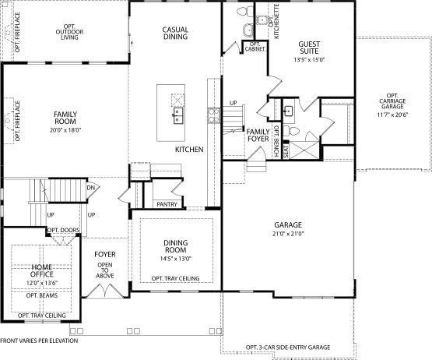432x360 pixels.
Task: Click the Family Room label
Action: (65, 118)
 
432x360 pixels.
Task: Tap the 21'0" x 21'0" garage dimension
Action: (288, 234)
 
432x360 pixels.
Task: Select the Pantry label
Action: (167, 204)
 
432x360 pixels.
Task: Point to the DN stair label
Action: (90, 188)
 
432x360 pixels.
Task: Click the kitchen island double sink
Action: (178, 115)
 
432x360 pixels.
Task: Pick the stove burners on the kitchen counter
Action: (214, 115)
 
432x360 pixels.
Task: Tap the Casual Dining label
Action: (175, 33)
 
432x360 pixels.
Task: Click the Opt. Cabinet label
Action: (255, 47)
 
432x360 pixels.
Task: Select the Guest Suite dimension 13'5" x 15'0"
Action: (309, 60)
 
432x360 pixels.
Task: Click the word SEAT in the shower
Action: (286, 151)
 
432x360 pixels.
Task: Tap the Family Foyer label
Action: (258, 135)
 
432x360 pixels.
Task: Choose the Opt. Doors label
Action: (64, 230)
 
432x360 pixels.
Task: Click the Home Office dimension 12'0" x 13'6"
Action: (42, 283)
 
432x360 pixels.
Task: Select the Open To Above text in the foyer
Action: (105, 270)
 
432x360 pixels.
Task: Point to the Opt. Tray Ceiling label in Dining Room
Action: (175, 279)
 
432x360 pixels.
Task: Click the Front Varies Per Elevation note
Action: (39, 341)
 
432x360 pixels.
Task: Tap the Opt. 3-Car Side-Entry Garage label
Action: (288, 348)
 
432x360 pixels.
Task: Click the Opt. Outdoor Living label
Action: (69, 32)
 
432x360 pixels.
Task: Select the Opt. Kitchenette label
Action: (274, 22)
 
